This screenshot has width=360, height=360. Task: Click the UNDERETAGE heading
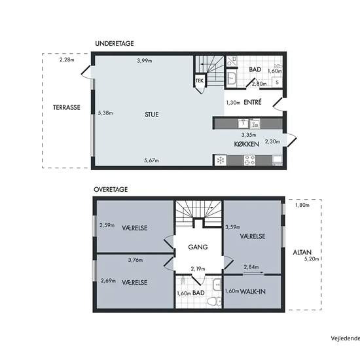[115, 43]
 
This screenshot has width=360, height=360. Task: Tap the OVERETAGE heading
[111, 189]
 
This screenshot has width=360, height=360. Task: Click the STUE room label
[152, 115]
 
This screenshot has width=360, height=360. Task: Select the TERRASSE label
[67, 107]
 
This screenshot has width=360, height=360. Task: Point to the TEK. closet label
[200, 81]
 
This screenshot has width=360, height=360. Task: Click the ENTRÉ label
[253, 102]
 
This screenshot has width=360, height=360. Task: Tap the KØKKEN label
[247, 144]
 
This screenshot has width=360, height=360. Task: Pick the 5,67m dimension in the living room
[152, 160]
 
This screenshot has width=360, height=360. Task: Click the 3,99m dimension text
[145, 61]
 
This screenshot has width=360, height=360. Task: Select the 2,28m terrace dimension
[67, 60]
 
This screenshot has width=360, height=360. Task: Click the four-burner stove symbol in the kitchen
[249, 160]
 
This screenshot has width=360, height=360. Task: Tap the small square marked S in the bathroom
[278, 82]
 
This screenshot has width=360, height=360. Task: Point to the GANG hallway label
[198, 247]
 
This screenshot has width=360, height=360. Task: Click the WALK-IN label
[253, 291]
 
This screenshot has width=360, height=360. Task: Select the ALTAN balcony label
[302, 253]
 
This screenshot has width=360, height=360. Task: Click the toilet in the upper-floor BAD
[214, 301]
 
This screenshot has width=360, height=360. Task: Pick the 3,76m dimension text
[135, 260]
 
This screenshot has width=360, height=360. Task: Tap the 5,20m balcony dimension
[312, 259]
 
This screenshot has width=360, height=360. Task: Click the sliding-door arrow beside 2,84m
[253, 273]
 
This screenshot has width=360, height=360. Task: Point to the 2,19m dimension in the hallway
[198, 269]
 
